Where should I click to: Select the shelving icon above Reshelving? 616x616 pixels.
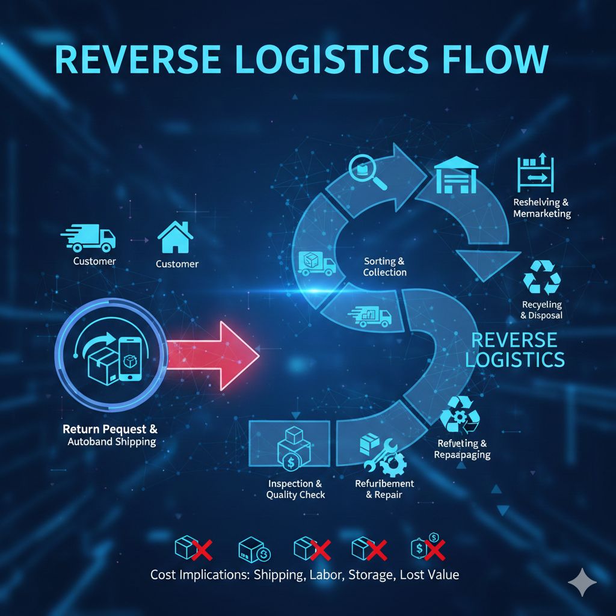(535, 174)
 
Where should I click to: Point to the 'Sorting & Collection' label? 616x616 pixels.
(385, 266)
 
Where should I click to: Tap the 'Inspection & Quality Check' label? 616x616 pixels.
(295, 489)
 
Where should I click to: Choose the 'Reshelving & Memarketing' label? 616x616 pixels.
(541, 208)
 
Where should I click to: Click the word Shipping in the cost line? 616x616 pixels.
(279, 574)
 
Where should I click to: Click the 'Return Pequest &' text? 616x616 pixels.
(110, 430)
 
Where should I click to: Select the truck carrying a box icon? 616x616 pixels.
(316, 263)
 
